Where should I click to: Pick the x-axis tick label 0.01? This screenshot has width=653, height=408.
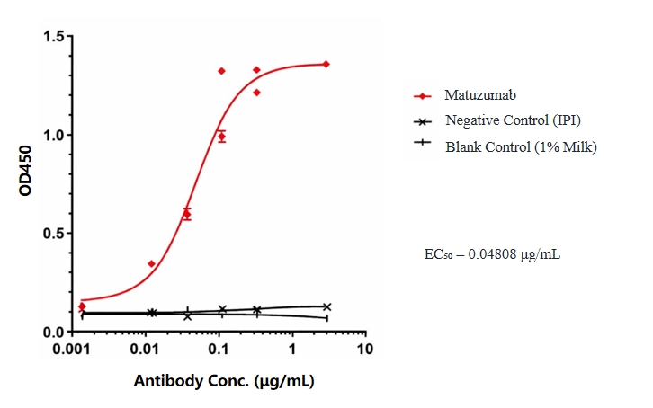pyautogui.click(x=146, y=348)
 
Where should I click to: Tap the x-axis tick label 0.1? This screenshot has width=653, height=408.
pyautogui.click(x=219, y=348)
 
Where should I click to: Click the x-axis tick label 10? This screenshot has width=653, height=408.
pyautogui.click(x=364, y=348)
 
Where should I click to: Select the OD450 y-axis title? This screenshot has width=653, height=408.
pyautogui.click(x=24, y=184)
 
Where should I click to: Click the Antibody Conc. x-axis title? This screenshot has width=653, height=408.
pyautogui.click(x=225, y=381)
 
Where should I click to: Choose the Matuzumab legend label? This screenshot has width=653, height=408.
pyautogui.click(x=479, y=94)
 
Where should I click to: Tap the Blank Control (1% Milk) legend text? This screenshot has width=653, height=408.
pyautogui.click(x=521, y=146)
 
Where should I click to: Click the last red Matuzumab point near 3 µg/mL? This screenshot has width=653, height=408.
pyautogui.click(x=326, y=64)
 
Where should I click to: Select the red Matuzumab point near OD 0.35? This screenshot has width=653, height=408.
pyautogui.click(x=151, y=263)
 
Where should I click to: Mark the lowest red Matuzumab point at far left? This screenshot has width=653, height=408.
pyautogui.click(x=82, y=306)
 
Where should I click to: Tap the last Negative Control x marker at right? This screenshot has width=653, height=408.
pyautogui.click(x=326, y=306)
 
